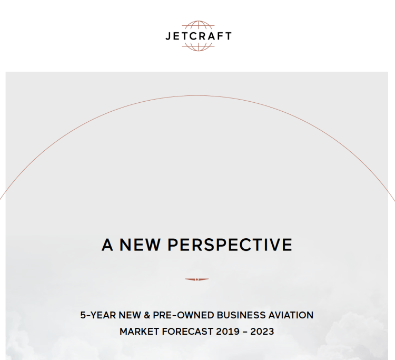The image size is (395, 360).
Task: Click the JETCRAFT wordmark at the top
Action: click(x=198, y=36)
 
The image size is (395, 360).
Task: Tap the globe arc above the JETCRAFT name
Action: click(x=198, y=25)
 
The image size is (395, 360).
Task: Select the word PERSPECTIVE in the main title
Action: click(x=230, y=245)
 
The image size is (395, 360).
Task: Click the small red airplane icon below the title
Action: click(x=197, y=279)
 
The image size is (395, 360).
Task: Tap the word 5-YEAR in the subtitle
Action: click(x=96, y=315)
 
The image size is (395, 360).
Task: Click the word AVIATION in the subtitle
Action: click(x=291, y=315)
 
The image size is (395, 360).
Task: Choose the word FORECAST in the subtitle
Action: click(x=189, y=332)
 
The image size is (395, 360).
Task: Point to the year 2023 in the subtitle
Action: click(x=262, y=332)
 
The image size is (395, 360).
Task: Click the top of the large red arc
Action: click(x=197, y=95)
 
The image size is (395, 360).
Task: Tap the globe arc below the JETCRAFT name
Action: click(x=198, y=47)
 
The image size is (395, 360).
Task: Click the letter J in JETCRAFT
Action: click(x=167, y=36)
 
